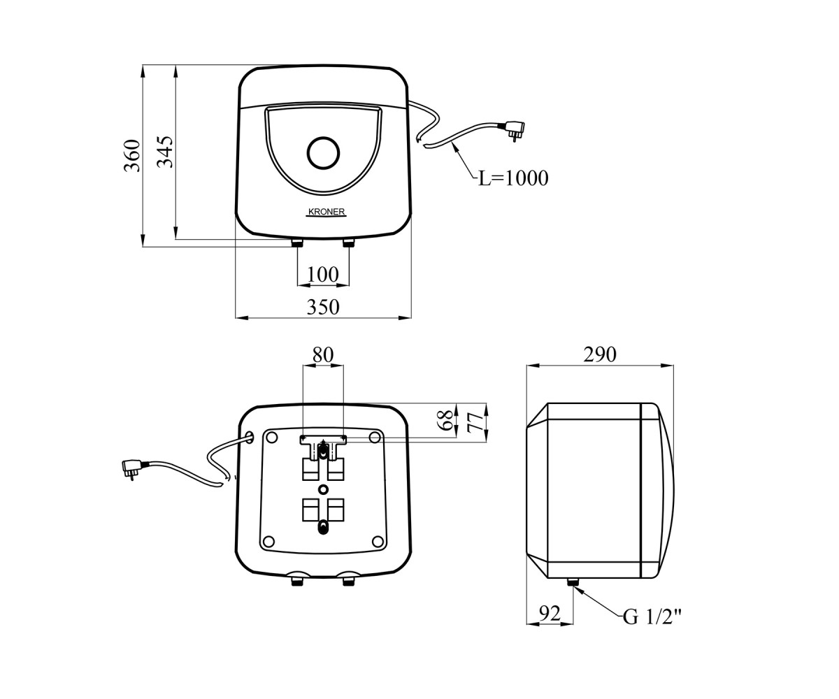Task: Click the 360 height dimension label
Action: (132, 156)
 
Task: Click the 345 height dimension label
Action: (165, 152)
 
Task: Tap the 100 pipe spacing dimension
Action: (322, 275)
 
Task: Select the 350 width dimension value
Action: (323, 308)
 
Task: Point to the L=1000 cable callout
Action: (513, 178)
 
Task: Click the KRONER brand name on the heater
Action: (327, 212)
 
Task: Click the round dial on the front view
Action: (323, 152)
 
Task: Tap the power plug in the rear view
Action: (134, 469)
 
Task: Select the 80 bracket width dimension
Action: (323, 355)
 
